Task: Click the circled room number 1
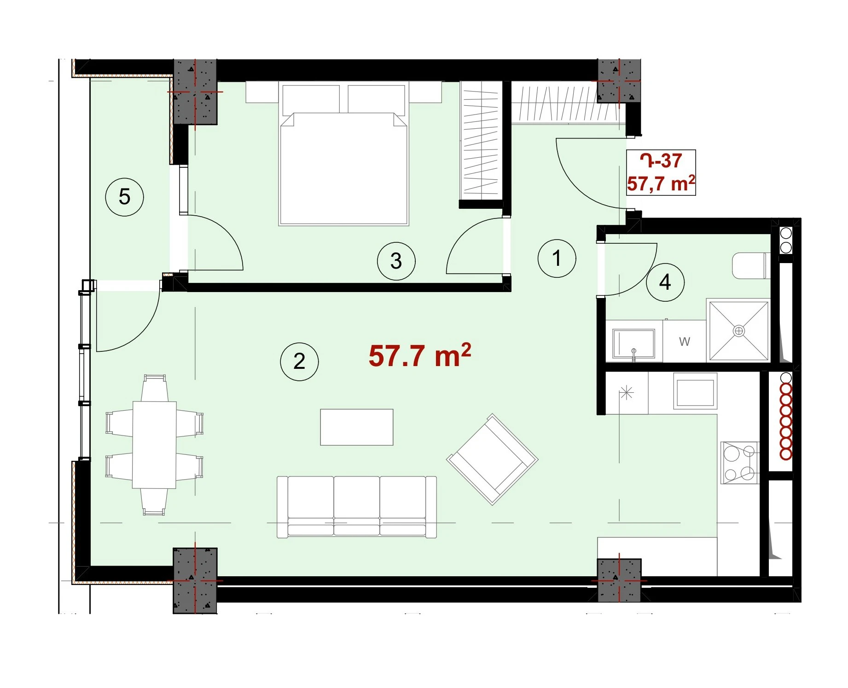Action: point(557,258)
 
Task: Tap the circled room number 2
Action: point(299,361)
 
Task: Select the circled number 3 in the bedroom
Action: point(396,261)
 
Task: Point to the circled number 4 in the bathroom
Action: point(665,282)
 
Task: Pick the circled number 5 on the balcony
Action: point(124,197)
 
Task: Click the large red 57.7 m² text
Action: point(420,355)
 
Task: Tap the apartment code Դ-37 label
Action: point(661,161)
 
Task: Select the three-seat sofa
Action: point(357,507)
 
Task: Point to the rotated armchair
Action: point(492,459)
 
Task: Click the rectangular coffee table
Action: point(357,427)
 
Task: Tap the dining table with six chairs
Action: point(154,445)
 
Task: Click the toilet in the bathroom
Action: point(751,265)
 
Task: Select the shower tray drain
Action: point(739,331)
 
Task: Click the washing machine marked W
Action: point(685,341)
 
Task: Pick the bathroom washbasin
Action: point(633,343)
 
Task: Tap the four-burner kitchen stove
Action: point(740,463)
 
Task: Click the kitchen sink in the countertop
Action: point(695,391)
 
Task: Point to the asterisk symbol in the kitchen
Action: point(627,393)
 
